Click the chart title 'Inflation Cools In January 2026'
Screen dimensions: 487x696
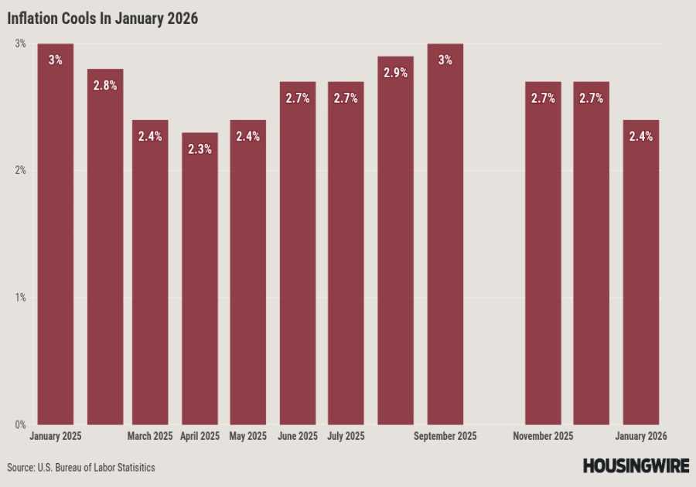click(103, 19)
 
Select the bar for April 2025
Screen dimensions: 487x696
click(200, 278)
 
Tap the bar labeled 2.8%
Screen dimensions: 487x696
click(104, 247)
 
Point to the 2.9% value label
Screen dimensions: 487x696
click(395, 73)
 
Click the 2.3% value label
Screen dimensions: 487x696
click(200, 149)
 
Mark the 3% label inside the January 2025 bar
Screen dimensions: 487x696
click(55, 60)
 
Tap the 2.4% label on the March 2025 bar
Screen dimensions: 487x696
click(150, 136)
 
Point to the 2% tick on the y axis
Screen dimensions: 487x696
click(20, 171)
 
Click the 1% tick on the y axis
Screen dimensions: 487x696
click(20, 298)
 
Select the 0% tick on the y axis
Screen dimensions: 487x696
click(20, 424)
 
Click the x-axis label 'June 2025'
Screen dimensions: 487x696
click(298, 437)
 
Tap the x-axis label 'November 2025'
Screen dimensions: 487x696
click(543, 437)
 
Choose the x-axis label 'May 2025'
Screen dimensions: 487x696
click(248, 437)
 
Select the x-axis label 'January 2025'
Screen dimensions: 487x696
click(55, 437)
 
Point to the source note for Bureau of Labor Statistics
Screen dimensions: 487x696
click(81, 468)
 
